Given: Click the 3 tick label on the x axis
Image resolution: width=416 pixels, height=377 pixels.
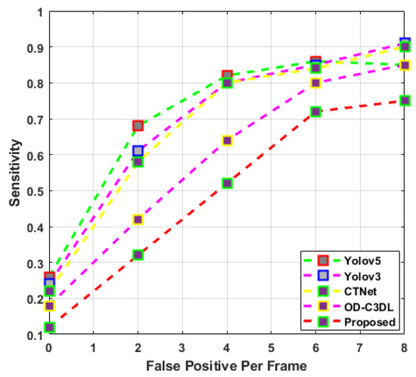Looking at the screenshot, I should pos(182,349).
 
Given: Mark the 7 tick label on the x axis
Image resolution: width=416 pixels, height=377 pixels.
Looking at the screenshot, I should pos(360,349).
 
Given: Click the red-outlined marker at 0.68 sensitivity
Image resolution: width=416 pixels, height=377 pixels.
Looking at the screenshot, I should pos(138,126).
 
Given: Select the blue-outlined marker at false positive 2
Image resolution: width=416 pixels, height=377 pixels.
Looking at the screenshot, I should pos(138,151).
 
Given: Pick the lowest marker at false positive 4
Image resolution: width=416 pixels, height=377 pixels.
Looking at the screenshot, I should pos(227,184).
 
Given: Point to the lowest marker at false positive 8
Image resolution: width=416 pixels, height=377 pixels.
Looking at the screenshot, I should pos(405,100).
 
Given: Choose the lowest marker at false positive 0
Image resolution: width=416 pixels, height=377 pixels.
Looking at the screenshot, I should pos(49,327).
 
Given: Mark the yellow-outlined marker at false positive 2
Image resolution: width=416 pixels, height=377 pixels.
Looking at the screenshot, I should pos(138,220).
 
